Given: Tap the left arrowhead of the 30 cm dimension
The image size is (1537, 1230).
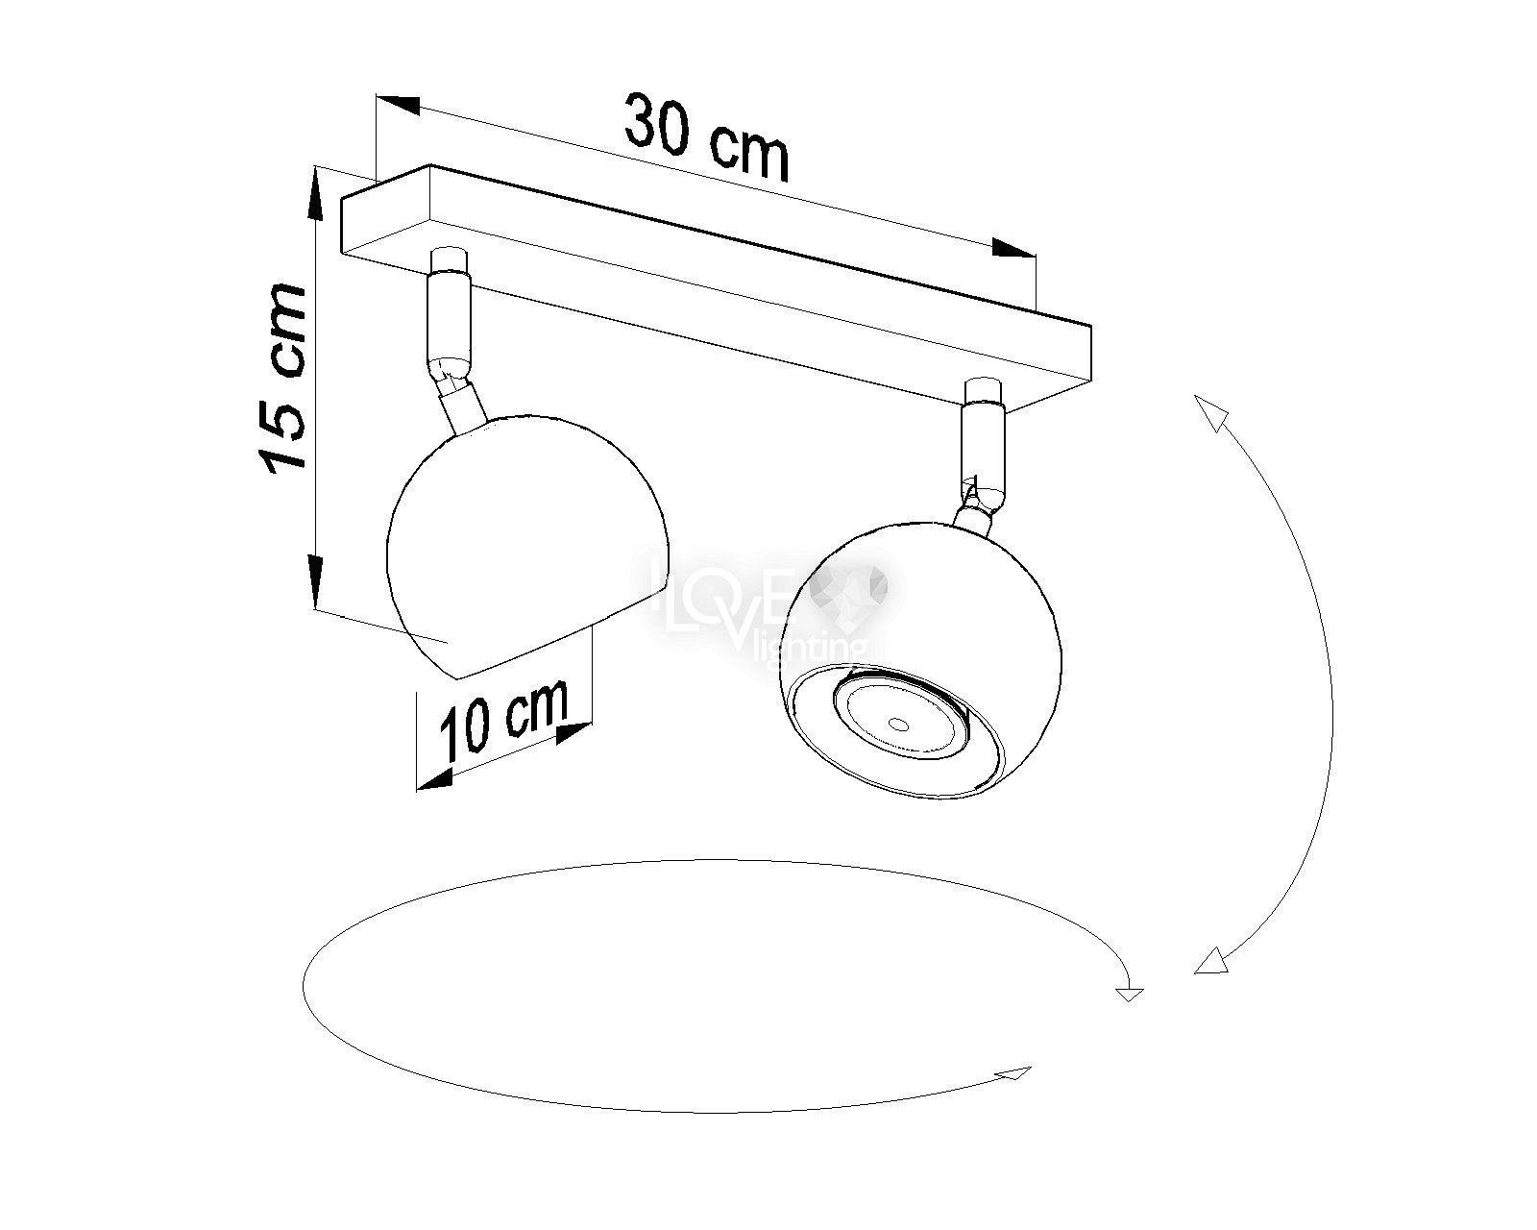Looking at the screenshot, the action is point(396,105).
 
